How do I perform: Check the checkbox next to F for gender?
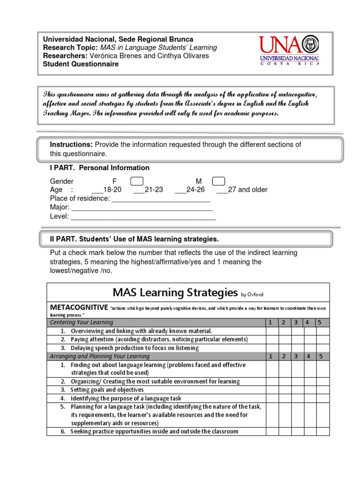pyautogui.click(x=136, y=181)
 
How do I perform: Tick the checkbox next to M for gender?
pyautogui.click(x=218, y=181)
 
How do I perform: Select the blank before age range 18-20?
pyautogui.click(x=97, y=190)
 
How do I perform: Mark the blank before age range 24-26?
pyautogui.click(x=180, y=190)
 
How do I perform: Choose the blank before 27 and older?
pyautogui.click(x=222, y=190)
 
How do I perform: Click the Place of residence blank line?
pyautogui.click(x=161, y=199)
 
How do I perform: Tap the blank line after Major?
pyautogui.click(x=142, y=208)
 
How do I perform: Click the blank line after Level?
pyautogui.click(x=143, y=217)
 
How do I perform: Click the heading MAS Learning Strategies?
pyautogui.click(x=175, y=293)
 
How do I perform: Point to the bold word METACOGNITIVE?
pyautogui.click(x=79, y=307)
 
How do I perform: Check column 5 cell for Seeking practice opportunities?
pyautogui.click(x=323, y=432)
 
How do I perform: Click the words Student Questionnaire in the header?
pyautogui.click(x=81, y=64)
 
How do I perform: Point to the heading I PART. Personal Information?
pyautogui.click(x=100, y=168)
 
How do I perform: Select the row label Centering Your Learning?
pyautogui.click(x=82, y=322)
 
